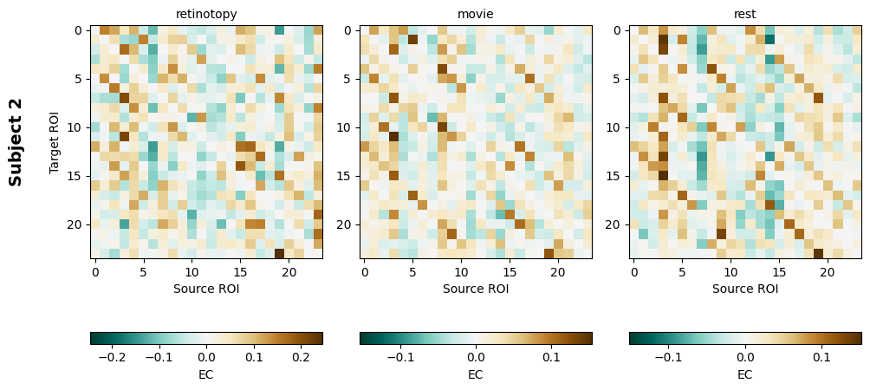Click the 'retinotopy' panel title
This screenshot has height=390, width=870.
point(206,14)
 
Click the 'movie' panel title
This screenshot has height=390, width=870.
point(476,14)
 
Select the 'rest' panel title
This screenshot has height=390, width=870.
point(745,14)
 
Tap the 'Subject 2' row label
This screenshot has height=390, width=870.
point(16,142)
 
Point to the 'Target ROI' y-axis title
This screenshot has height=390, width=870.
point(55,142)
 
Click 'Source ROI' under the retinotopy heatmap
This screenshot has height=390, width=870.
point(206,289)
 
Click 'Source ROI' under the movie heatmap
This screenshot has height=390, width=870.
point(476,289)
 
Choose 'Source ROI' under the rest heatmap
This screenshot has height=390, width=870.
point(745,289)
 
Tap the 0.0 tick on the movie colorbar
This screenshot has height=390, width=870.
point(476,356)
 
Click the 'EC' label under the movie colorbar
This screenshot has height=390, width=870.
point(476,374)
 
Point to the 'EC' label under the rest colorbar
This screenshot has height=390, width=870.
point(745,374)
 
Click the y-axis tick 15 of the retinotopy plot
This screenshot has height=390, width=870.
point(77,176)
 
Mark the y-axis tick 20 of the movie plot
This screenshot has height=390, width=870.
point(347,224)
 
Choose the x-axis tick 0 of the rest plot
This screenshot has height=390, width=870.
point(634,272)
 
